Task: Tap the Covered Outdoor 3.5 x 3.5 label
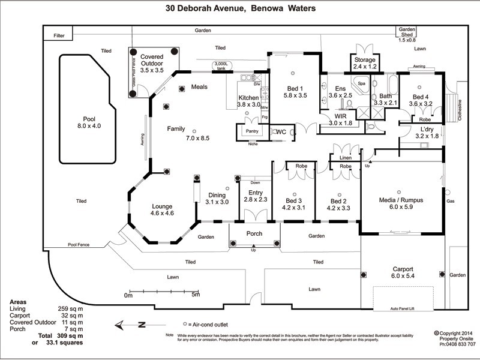152,64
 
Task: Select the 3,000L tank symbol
221,66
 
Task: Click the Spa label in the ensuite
362,83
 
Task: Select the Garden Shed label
407,34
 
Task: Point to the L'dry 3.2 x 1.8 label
427,133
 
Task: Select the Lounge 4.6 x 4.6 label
161,209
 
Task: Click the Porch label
254,233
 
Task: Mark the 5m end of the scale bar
196,292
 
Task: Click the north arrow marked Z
133,325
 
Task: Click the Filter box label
59,36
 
